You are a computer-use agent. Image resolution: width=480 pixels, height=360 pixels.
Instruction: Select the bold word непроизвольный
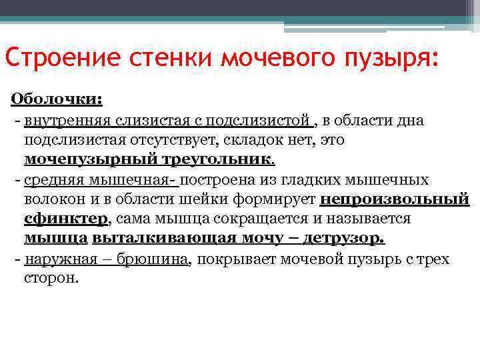pos(395,199)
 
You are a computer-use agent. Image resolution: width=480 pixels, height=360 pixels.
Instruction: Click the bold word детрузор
pos(345,239)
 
